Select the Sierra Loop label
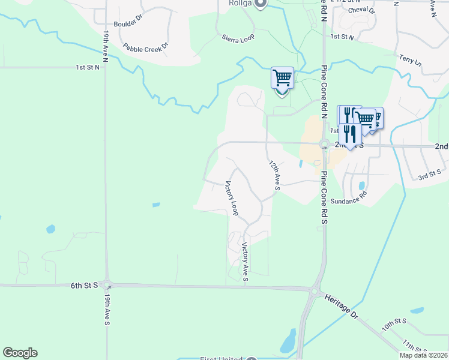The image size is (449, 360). tap(238, 37)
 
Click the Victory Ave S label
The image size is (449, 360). tap(245, 262)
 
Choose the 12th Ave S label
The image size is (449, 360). tap(274, 175)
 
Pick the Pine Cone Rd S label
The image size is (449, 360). tap(323, 198)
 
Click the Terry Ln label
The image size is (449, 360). tap(410, 59)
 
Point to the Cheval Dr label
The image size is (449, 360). tap(361, 10)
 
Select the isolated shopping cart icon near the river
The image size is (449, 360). tap(282, 78)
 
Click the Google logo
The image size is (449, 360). tap(20, 353)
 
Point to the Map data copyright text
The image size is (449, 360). tap(423, 355)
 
